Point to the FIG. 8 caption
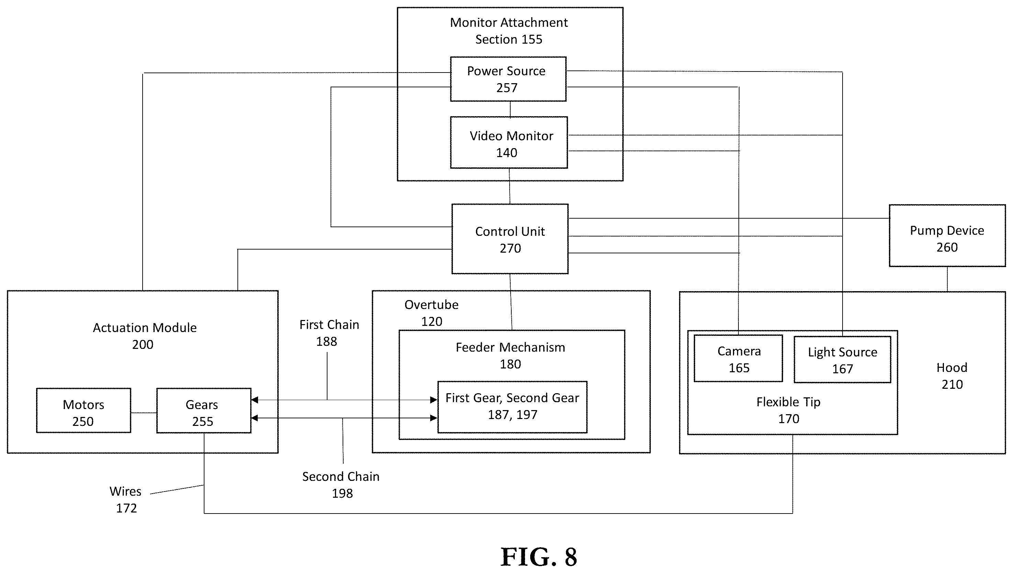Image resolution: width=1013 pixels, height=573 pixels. (x=538, y=557)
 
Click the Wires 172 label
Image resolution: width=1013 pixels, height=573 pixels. (x=125, y=499)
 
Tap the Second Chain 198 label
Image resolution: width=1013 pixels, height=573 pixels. (x=341, y=484)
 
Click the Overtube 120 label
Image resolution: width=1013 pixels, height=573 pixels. (x=432, y=313)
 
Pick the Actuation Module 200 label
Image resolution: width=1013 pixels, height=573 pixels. (x=144, y=336)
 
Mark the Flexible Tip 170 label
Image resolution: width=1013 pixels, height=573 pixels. (x=788, y=410)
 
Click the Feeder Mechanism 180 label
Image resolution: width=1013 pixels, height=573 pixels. (x=510, y=355)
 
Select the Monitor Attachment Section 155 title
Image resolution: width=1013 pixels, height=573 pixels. (x=509, y=31)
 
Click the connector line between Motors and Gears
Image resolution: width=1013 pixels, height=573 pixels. (x=144, y=413)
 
